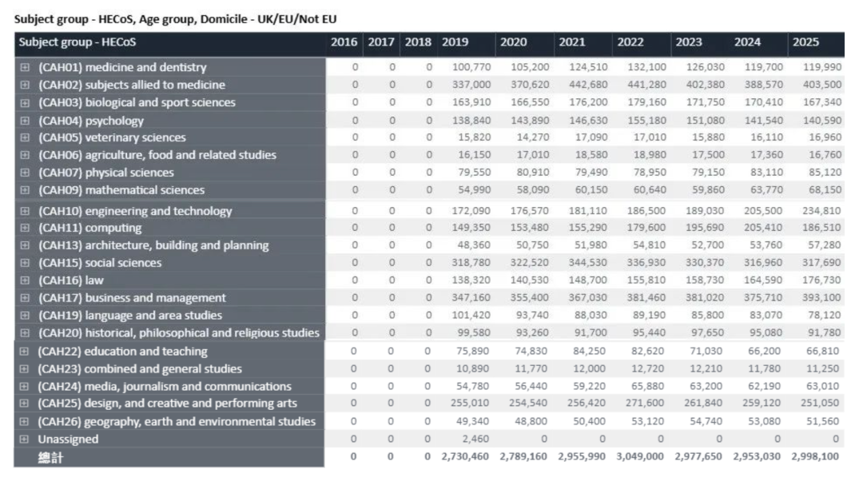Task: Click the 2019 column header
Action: pos(455,42)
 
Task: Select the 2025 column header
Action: pos(805,42)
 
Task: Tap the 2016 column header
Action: pos(344,42)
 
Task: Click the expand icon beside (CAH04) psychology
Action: pos(25,121)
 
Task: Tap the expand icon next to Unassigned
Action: pos(24,439)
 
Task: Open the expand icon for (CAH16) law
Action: pos(25,280)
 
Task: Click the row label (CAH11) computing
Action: pos(89,228)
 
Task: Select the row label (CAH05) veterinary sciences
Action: pos(113,137)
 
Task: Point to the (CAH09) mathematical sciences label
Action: pos(121,190)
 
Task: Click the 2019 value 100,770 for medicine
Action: pos(471,67)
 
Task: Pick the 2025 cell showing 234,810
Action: pos(821,211)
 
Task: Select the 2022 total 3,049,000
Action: pos(639,457)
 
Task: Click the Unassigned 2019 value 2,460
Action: pos(475,439)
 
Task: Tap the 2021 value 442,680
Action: pos(588,85)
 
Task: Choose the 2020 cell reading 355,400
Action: pos(529,298)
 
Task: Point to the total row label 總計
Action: pos(50,458)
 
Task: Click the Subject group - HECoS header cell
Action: pos(77,42)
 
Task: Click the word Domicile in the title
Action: pos(224,19)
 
